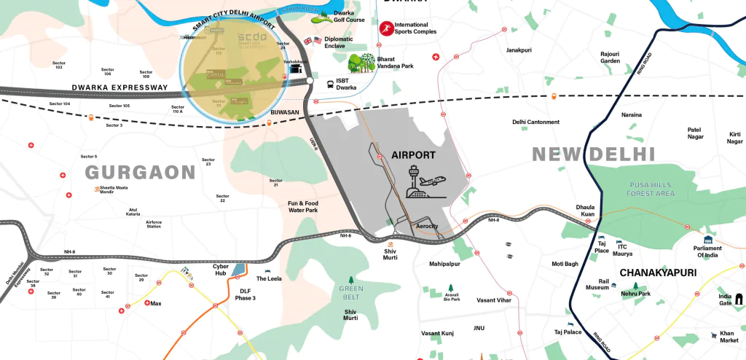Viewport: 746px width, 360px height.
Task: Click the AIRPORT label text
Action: point(413,155)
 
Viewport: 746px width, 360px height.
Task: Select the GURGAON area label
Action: point(141,173)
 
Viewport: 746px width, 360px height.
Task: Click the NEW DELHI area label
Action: point(594,154)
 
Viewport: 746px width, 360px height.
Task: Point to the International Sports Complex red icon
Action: point(385,28)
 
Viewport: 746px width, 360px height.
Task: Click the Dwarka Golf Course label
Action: point(350,17)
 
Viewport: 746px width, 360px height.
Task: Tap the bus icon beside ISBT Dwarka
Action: point(330,84)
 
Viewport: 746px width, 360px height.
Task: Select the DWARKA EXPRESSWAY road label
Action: point(119,87)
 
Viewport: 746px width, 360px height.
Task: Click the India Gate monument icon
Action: point(739,298)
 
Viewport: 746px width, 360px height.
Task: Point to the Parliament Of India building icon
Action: point(707,240)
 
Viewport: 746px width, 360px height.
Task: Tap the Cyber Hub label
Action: point(221,270)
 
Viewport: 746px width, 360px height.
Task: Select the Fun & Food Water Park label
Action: point(302,206)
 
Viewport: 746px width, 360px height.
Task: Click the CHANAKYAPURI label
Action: point(658,273)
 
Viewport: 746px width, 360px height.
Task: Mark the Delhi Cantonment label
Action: point(535,122)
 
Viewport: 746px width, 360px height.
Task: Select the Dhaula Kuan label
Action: point(586,211)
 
